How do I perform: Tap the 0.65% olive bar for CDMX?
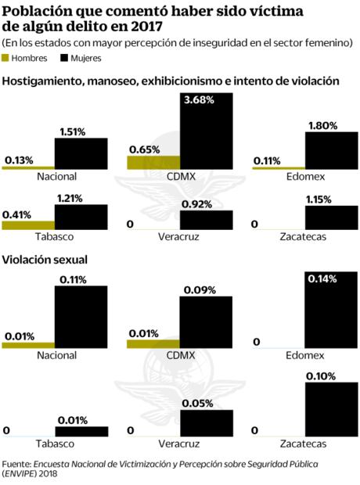click(153, 163)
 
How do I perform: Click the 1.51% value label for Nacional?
click(80, 131)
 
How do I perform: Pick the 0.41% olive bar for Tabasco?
click(28, 225)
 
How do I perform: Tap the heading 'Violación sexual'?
click(45, 260)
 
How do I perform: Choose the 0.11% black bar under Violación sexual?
click(81, 317)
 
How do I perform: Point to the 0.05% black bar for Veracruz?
click(206, 422)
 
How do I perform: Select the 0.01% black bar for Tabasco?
click(81, 431)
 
